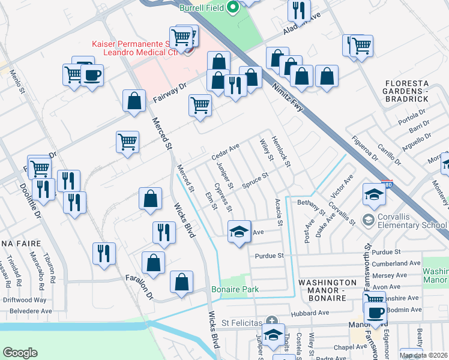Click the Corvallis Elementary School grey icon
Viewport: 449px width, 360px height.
pos(368,220)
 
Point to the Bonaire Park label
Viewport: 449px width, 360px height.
pos(235,289)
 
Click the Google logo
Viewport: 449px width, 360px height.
pos(20,353)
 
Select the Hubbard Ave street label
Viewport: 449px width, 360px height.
pos(310,313)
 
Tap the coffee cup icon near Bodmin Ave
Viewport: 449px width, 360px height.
pos(376,312)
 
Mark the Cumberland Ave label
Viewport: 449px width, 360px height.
pos(396,263)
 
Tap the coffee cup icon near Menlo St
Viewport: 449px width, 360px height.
pos(92,76)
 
